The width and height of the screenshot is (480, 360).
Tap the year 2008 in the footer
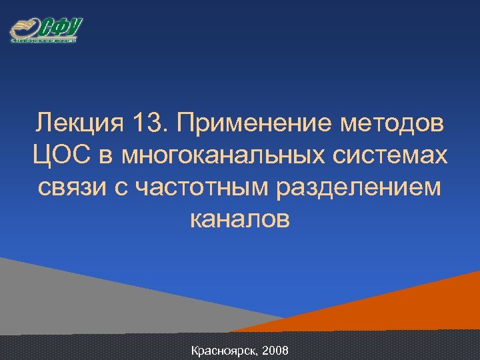coord(275,350)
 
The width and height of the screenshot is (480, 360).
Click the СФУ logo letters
coord(61,27)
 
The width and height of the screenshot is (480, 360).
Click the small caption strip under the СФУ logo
coord(44,41)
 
